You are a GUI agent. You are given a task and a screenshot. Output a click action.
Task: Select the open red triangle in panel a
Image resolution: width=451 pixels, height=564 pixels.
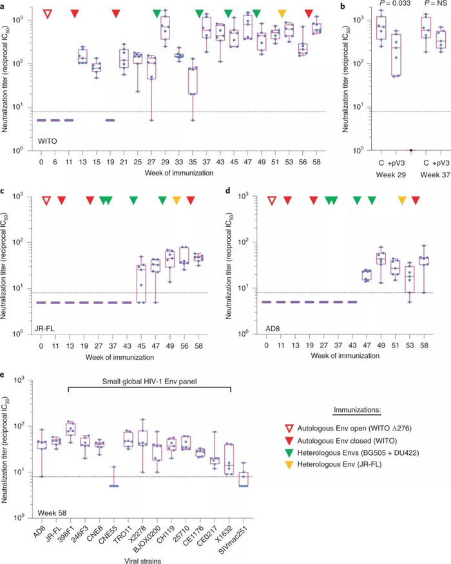coord(47,14)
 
